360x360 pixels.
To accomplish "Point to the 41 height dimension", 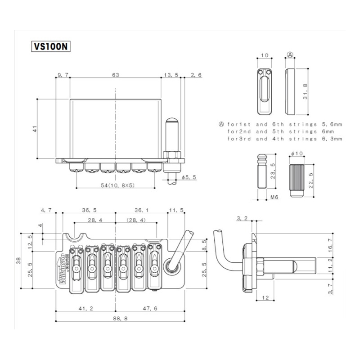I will point(34,129).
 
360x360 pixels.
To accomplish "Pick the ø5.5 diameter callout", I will point(189,178).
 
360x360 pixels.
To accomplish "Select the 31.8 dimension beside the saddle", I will point(306,91).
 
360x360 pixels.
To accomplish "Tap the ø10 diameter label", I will point(296,154).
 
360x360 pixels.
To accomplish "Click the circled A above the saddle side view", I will point(290,54).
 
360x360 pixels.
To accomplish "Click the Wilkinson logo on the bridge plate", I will point(63,268).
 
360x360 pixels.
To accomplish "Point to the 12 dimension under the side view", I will point(265,298).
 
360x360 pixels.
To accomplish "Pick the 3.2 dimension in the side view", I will point(242,219).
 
